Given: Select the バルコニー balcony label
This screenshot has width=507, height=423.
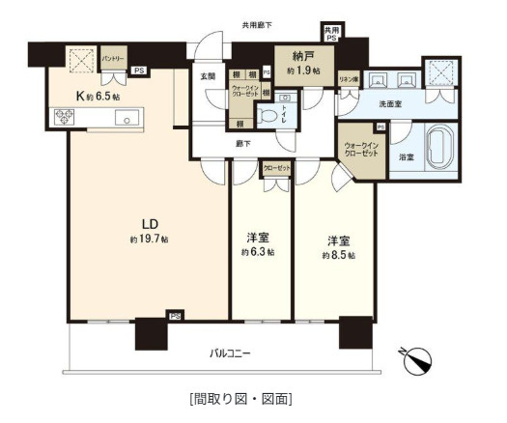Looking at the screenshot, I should (230, 353).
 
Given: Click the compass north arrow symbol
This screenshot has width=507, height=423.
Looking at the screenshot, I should (417, 361).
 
